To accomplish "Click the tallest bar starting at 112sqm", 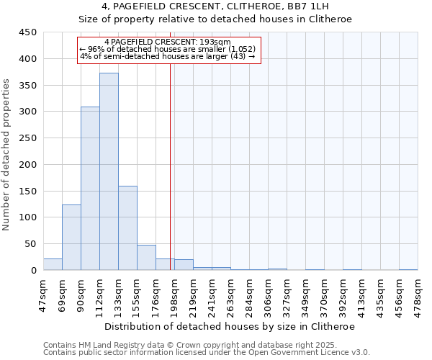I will (x=109, y=171).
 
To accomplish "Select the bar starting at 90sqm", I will (x=90, y=189).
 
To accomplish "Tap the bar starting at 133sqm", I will (x=127, y=228).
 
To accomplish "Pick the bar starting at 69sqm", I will (x=71, y=238).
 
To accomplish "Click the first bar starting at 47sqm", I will (x=53, y=264).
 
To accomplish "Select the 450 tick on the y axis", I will (x=28, y=32).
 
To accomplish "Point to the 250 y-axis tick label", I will (x=28, y=138).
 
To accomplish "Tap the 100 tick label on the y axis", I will (x=28, y=217).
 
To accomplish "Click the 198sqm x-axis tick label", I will (x=174, y=294).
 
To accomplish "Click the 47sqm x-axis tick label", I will (x=43, y=294).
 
